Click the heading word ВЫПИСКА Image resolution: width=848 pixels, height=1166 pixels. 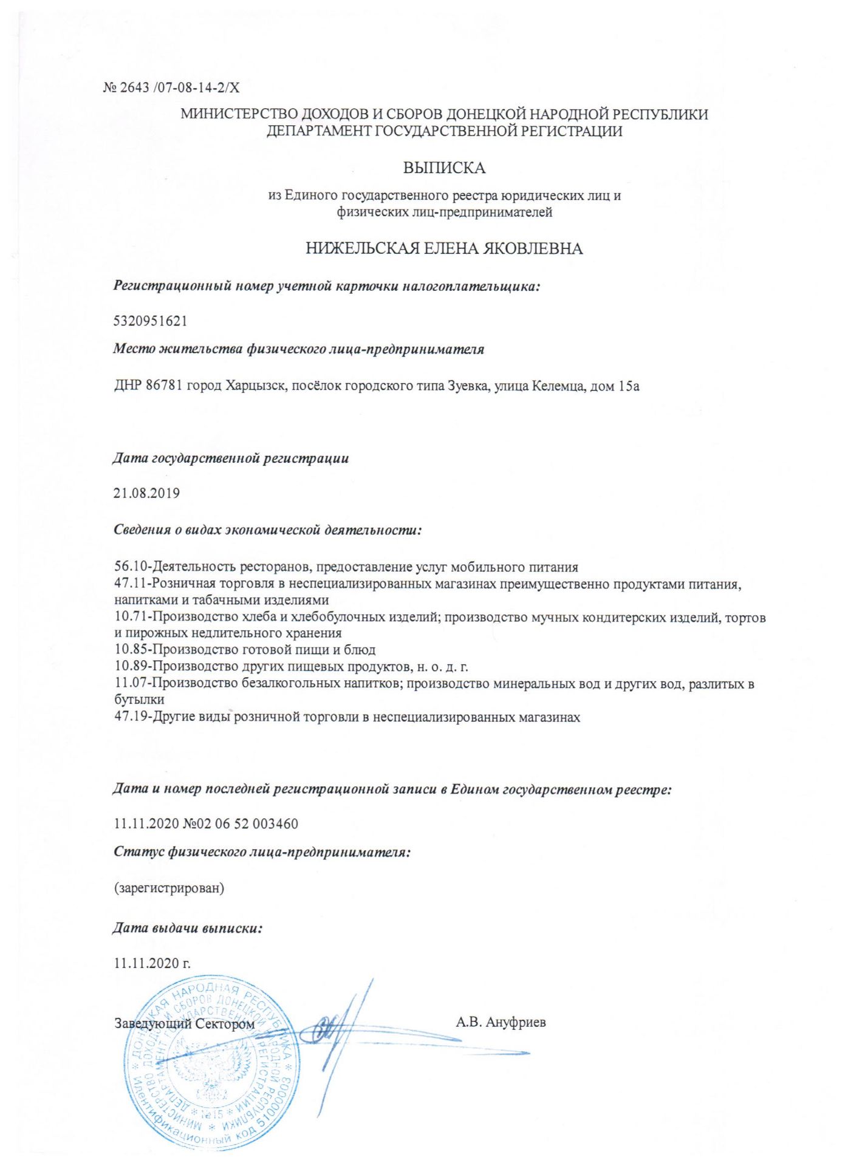coord(444,168)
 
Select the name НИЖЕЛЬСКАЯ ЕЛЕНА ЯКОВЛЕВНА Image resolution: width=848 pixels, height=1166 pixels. coord(444,248)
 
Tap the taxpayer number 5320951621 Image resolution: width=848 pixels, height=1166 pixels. coord(151,321)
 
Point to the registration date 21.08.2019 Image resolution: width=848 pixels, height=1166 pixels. coord(147,493)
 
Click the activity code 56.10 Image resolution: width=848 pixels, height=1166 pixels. coord(131,567)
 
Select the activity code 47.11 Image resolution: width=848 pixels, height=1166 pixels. coord(131,584)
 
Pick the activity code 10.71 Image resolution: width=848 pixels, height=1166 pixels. coord(131,618)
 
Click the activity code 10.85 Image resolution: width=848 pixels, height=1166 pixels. coord(131,650)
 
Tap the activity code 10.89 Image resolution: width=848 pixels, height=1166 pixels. coord(131,667)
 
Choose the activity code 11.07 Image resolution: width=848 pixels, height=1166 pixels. coord(131,684)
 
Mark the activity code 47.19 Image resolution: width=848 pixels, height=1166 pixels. coord(131,717)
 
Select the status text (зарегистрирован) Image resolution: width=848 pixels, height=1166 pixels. coord(169,888)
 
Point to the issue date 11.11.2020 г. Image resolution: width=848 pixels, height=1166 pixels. coord(152,963)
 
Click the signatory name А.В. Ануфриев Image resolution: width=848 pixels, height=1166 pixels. coord(501,1023)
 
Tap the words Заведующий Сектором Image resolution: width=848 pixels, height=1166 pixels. coord(185,1024)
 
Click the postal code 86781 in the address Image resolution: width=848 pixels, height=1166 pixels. coord(164,386)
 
